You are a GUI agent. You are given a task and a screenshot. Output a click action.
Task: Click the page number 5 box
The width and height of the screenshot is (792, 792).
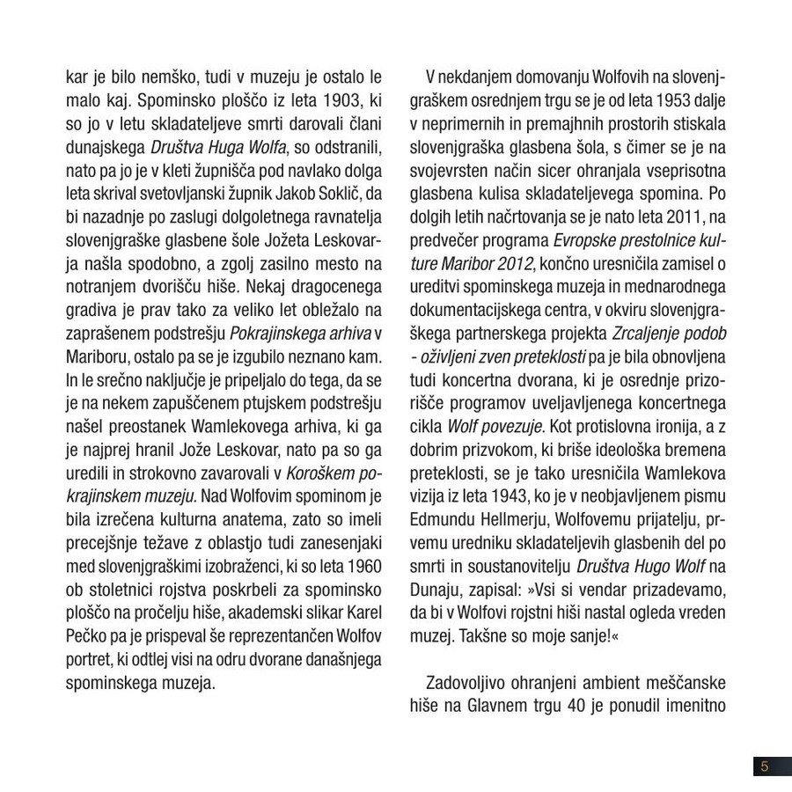[x=765, y=766]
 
